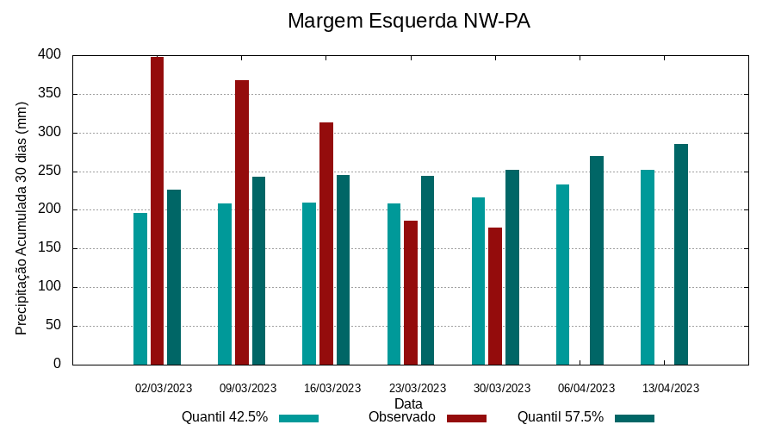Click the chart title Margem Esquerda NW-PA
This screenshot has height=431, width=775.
coord(408,21)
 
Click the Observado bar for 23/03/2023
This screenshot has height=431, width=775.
coord(411,292)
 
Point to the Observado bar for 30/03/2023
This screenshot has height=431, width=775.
coord(495,296)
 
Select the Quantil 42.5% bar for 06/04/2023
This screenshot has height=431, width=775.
coord(562,274)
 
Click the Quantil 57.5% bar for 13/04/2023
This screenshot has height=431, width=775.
coord(681,254)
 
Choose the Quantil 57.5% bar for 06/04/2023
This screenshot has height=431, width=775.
coord(597,260)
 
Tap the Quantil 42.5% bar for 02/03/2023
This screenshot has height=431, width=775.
coord(140,289)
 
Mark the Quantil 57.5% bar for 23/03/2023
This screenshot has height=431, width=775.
coord(427,270)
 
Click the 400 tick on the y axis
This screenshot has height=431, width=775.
coord(50,55)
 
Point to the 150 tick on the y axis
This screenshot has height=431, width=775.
coord(50,248)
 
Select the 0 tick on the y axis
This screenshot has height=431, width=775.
coord(57,364)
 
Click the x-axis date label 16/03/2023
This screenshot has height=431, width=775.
coord(332,388)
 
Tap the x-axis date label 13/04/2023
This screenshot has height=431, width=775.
coord(671,388)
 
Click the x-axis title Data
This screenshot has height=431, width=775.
coord(408,403)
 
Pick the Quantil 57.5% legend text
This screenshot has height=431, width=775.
coord(561,417)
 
